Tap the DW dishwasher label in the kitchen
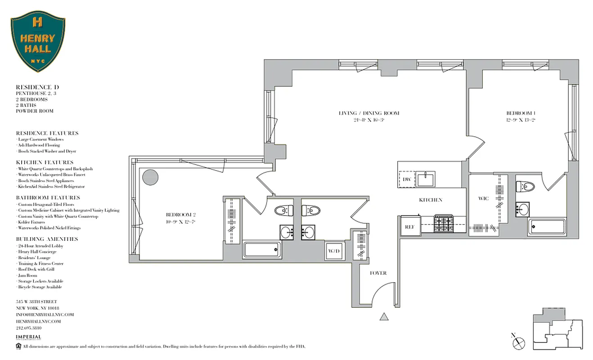407,179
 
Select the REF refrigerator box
409,227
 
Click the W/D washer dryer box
334,251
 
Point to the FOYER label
378,273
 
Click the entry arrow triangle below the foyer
384,317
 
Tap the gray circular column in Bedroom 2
150,177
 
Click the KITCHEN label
431,200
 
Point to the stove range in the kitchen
444,224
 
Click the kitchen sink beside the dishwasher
426,179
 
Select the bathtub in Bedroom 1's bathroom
546,227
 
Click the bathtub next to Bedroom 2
262,249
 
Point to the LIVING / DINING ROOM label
369,113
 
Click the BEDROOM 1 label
521,113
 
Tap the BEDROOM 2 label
180,215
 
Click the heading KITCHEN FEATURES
45,162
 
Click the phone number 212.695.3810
32,328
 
